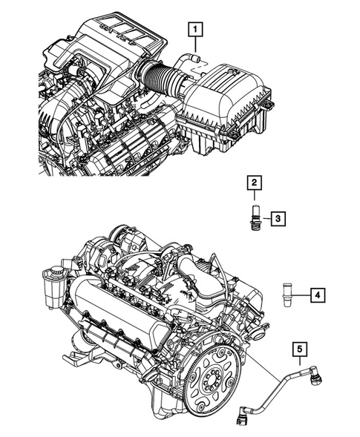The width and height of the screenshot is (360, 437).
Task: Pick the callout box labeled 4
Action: click(316, 295)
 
